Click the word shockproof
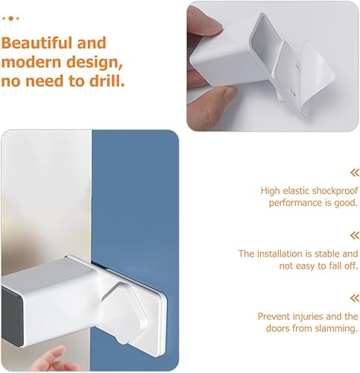pos(330,191)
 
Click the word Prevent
pos(274,316)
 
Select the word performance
pos(302,204)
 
